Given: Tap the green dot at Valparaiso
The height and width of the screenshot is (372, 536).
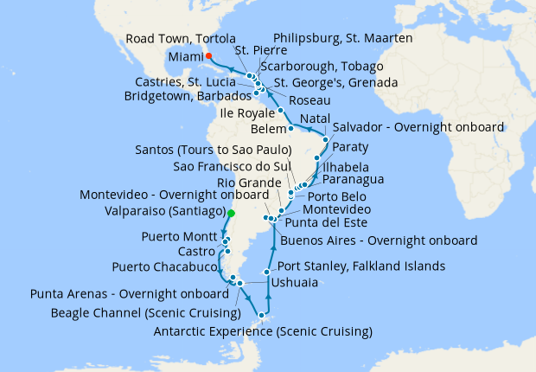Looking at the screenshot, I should pos(231,212).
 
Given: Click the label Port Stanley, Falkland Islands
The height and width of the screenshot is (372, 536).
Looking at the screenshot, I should pos(361,266).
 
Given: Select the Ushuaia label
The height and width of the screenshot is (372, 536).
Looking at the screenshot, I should pos(292,283).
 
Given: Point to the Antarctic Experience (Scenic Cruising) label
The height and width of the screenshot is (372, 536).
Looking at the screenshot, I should pos(262,331).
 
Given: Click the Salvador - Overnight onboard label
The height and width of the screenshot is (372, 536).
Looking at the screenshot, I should pos(418,127).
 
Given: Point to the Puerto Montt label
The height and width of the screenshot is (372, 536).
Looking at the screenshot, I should pos(176,236).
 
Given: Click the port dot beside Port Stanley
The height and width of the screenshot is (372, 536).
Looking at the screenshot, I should pos(267,272).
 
